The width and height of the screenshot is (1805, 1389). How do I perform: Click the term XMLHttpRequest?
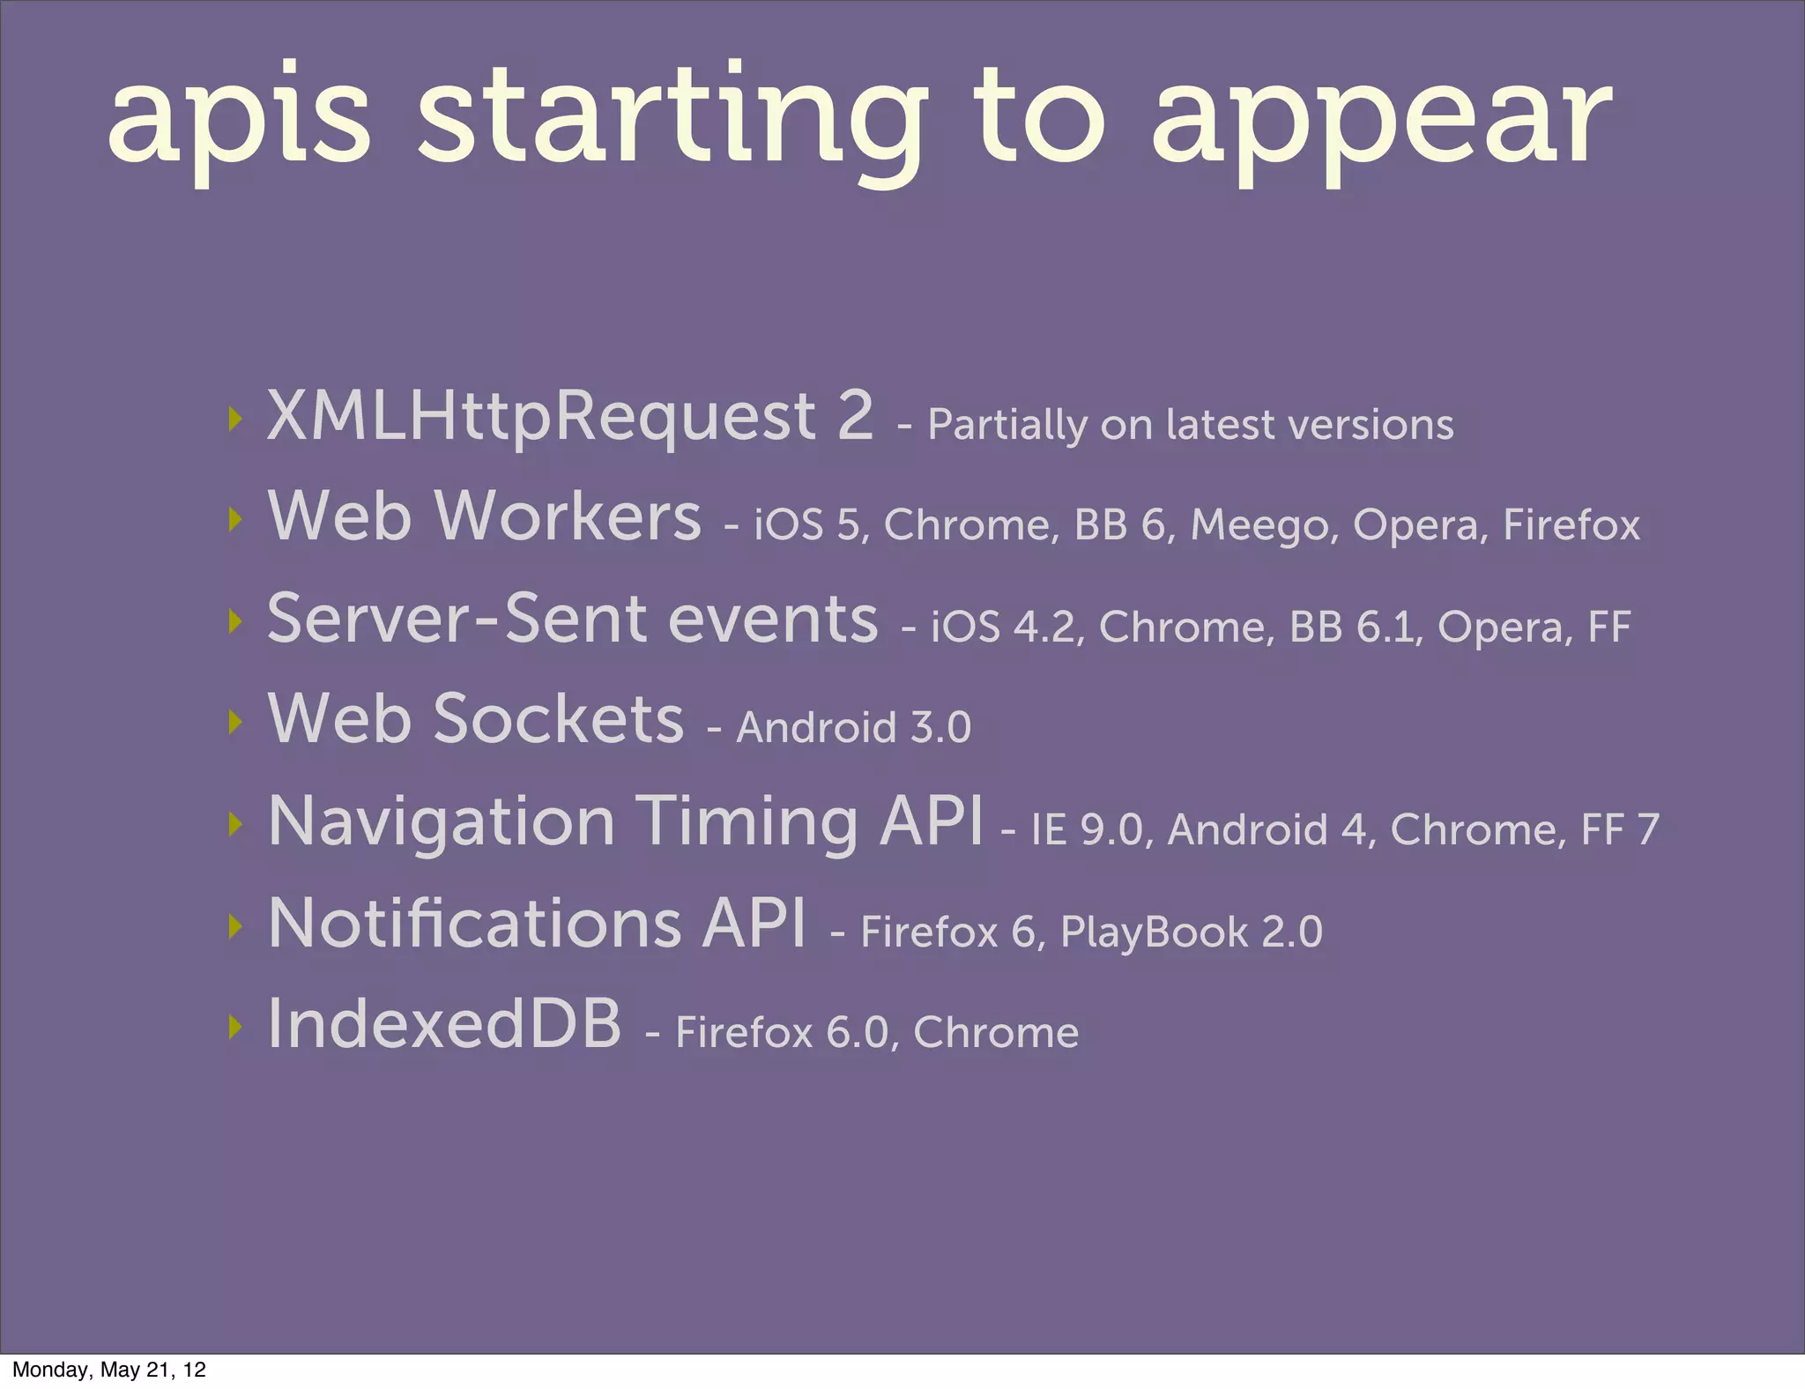tap(543, 416)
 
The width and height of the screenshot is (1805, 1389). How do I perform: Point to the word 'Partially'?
tap(1006, 426)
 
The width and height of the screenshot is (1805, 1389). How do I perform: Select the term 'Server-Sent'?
tap(458, 619)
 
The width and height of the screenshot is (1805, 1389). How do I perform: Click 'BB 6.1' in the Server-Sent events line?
tap(1354, 628)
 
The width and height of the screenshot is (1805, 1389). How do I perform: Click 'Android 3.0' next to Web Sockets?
tap(853, 728)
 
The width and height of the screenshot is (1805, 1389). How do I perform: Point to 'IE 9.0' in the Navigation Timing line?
tap(1086, 830)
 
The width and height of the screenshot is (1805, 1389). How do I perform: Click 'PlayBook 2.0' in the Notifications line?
tap(1191, 932)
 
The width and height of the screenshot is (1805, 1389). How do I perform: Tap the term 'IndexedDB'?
tap(444, 1024)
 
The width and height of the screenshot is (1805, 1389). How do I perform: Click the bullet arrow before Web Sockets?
tap(234, 722)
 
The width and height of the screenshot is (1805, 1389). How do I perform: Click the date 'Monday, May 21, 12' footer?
tap(109, 1370)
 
